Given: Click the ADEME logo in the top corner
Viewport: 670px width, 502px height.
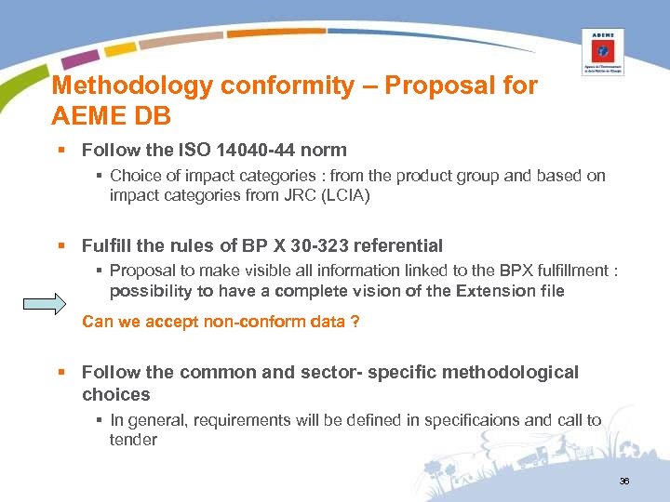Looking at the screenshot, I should coord(602,51).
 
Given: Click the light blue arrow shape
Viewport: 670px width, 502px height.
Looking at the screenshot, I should coord(45,303).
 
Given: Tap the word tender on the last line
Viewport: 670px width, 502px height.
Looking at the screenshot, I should coord(133,440).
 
